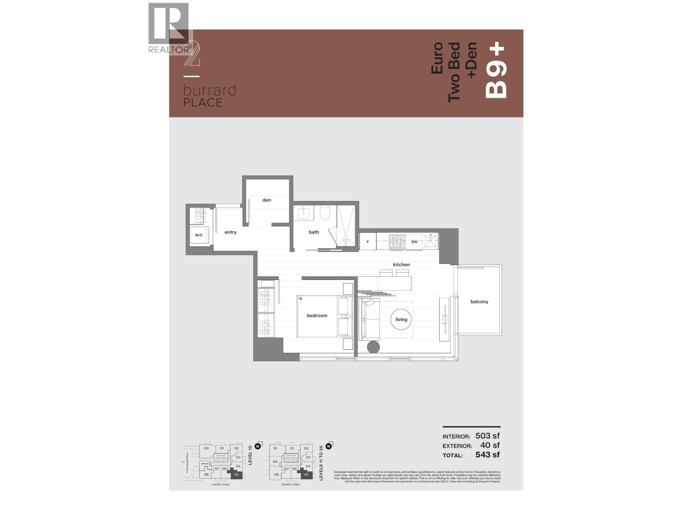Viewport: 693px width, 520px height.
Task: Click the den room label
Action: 266,200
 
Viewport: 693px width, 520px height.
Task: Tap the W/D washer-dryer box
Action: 199,235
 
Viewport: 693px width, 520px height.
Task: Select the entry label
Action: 230,232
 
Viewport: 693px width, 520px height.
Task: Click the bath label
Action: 314,232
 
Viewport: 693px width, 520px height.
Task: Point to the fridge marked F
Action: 368,241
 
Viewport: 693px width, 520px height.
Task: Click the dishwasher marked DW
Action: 415,241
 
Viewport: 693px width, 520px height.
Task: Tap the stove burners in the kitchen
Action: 397,241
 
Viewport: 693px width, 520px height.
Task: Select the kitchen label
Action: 401,264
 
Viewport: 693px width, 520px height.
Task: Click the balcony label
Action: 479,302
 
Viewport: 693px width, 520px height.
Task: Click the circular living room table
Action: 401,319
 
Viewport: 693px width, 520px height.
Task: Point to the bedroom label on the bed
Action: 317,315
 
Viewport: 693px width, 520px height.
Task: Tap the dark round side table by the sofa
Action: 373,347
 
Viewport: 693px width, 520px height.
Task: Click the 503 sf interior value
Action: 487,436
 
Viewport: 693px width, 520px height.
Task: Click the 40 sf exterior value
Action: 490,445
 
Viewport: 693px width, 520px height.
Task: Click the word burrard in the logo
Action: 209,91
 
